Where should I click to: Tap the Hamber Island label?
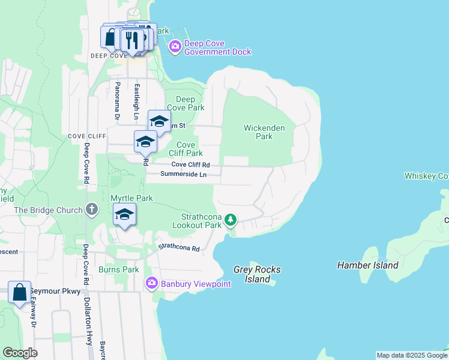tap(367, 265)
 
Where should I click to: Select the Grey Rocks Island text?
tap(258, 274)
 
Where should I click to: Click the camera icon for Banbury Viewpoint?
tap(151, 283)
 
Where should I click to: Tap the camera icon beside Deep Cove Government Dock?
tap(175, 47)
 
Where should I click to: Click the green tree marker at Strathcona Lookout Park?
tap(231, 220)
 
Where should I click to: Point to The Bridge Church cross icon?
tap(91, 210)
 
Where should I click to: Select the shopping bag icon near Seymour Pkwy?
tap(19, 292)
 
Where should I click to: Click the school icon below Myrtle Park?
tap(124, 215)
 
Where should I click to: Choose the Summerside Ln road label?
tap(183, 175)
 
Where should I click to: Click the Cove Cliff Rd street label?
tap(190, 164)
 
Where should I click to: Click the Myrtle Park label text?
tap(131, 198)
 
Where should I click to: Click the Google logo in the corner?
tap(20, 353)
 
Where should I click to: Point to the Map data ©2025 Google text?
tap(412, 355)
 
